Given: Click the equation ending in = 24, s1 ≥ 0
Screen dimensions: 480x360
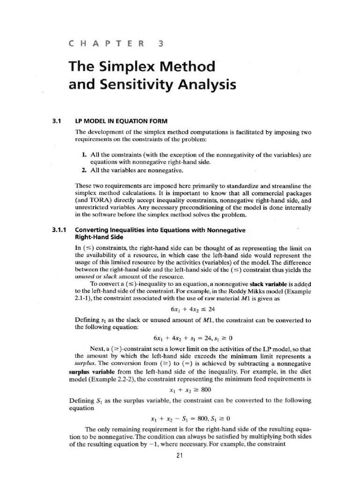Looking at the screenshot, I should [193, 338].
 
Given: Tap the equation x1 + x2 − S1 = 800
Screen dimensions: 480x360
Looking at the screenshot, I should [193, 418].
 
